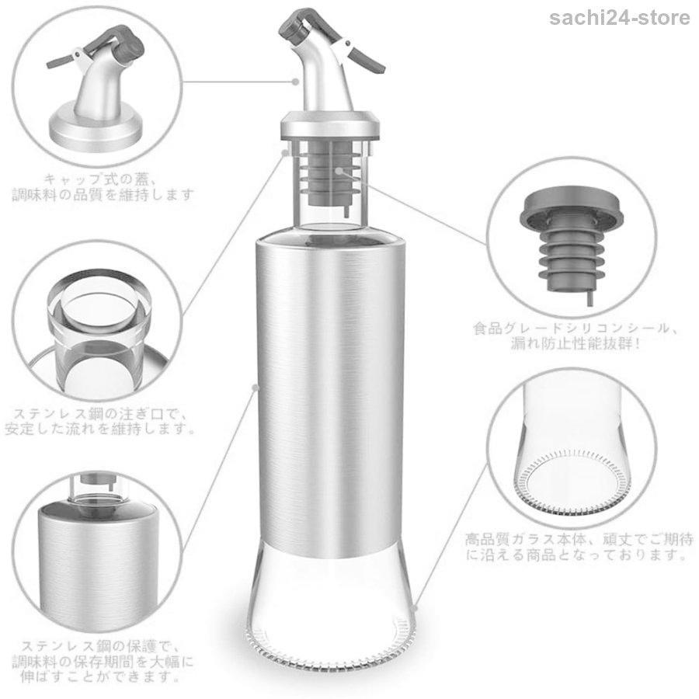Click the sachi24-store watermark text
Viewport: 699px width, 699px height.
click(619, 19)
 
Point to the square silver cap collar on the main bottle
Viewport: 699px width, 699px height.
click(330, 126)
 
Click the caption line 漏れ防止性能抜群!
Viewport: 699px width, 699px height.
click(575, 343)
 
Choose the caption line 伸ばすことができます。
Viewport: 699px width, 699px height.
click(100, 676)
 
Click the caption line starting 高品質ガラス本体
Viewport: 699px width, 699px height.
click(579, 540)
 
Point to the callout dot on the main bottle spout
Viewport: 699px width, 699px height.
click(295, 82)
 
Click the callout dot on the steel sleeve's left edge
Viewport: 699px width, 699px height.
click(256, 388)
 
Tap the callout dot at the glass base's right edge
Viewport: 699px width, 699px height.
click(415, 608)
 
